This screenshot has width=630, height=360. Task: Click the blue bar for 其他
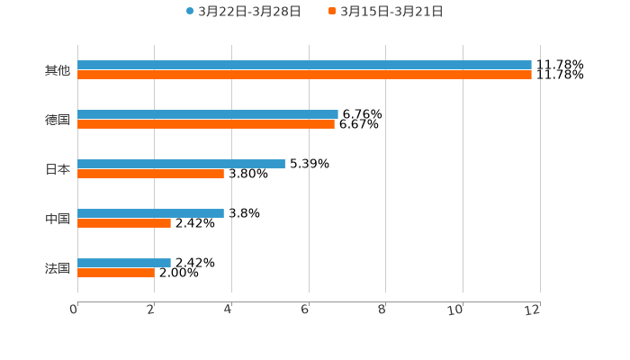304,65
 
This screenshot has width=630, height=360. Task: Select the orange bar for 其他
304,76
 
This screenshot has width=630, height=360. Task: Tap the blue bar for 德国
208,114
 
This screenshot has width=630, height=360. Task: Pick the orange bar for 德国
206,125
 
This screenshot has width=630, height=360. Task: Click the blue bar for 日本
181,164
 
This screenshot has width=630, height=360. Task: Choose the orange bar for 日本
150,175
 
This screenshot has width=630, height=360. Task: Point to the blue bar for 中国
150,213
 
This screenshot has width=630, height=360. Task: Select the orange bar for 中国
124,224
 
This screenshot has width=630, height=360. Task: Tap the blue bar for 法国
124,263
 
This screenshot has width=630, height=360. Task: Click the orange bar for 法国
115,274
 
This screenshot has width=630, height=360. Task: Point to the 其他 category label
58,70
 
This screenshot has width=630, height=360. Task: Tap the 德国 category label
58,120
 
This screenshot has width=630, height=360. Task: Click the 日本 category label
58,169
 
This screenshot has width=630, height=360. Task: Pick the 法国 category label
58,268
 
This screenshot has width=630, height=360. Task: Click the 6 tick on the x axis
305,310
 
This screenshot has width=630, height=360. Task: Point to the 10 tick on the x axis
459,310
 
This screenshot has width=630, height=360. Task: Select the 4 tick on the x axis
229,310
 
